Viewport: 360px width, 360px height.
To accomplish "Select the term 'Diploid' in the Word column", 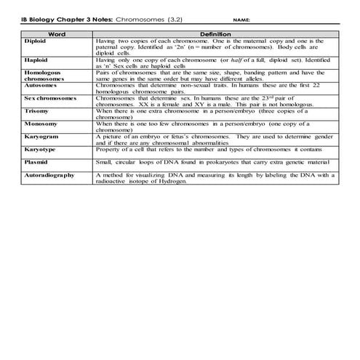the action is (x=33, y=41).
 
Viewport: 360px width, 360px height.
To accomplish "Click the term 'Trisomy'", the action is (x=36, y=110).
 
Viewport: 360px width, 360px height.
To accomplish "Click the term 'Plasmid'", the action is (x=35, y=161).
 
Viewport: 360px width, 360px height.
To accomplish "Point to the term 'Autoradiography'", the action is (x=49, y=175).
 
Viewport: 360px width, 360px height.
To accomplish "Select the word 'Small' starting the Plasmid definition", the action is (x=103, y=161).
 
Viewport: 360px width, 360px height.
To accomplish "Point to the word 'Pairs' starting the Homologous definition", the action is (x=103, y=71).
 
